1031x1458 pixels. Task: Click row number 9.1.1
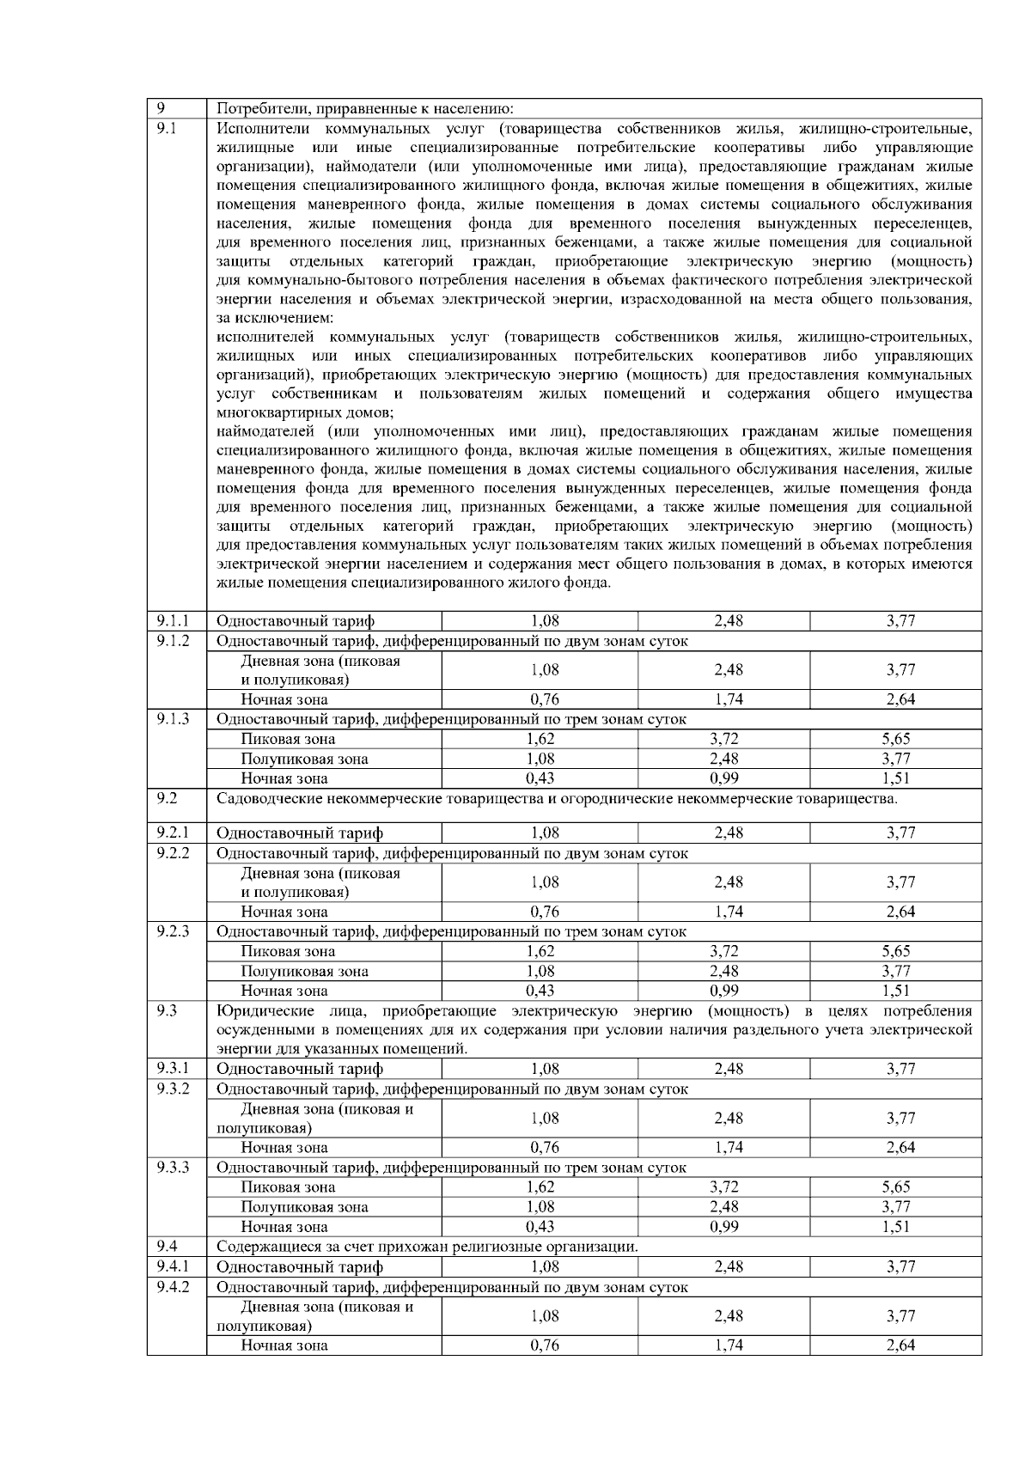coord(173,621)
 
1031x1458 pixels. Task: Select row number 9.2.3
coord(173,931)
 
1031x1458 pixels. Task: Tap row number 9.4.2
coord(173,1287)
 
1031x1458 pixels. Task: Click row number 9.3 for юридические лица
coord(168,1011)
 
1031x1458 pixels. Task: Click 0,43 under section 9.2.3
coord(540,991)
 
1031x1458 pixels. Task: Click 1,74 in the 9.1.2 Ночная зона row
coord(729,699)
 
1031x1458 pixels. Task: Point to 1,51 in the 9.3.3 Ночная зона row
coord(895,1227)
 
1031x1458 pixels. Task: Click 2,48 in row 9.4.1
coord(729,1267)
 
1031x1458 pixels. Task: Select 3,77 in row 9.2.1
coord(900,833)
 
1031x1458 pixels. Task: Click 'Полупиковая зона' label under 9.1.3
coord(304,760)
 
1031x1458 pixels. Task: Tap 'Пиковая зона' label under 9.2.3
coord(288,951)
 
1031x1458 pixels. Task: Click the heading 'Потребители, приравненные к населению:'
coord(365,109)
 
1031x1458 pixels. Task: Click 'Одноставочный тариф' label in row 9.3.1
coord(299,1070)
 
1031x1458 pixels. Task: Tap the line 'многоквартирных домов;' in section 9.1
coord(305,412)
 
